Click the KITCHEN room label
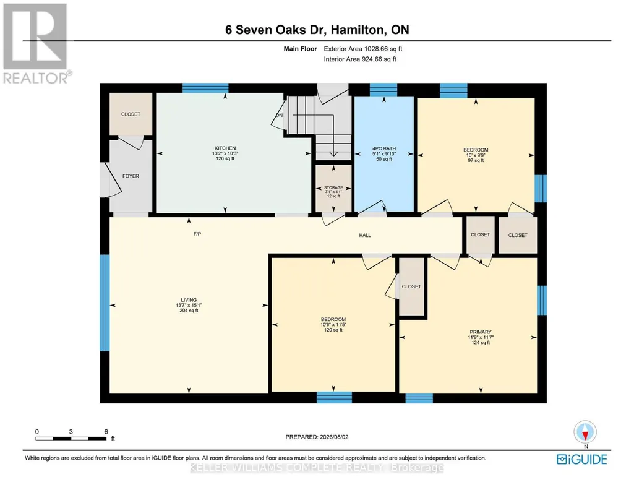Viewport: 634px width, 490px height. pos(225,148)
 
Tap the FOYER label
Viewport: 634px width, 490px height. pos(131,176)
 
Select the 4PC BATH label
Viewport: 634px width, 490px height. pos(383,148)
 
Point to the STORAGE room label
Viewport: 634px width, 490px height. pos(333,187)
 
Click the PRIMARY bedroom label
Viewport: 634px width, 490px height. pos(481,332)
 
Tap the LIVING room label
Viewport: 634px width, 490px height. pos(189,300)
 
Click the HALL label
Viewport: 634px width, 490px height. pos(365,235)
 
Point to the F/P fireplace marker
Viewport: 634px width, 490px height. pos(197,234)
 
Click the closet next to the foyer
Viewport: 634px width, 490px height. pos(131,114)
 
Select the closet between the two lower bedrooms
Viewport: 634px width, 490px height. pos(411,286)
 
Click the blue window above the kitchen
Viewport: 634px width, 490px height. pos(205,88)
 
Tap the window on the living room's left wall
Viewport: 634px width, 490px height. pos(105,303)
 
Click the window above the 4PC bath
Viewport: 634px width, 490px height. pos(383,89)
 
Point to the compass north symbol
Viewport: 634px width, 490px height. pos(585,432)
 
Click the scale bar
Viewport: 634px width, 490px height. pos(71,438)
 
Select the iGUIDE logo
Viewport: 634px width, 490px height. pos(582,460)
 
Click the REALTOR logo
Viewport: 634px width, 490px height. pos(36,44)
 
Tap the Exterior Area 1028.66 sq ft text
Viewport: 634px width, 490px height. pos(362,49)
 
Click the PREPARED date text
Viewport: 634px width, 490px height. pos(317,437)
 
